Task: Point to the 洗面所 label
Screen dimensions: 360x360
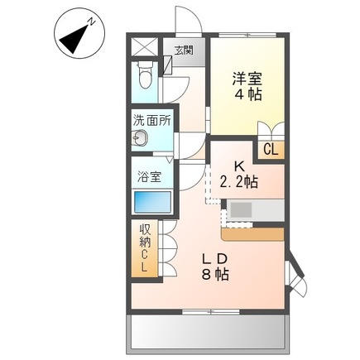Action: [x=152, y=119]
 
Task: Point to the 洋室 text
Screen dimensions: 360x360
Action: [x=245, y=79]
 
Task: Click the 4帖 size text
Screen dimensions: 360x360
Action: [x=245, y=96]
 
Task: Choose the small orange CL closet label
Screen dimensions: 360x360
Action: [x=270, y=149]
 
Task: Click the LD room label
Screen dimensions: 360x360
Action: [x=214, y=258]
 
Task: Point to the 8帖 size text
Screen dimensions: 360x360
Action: [x=214, y=276]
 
